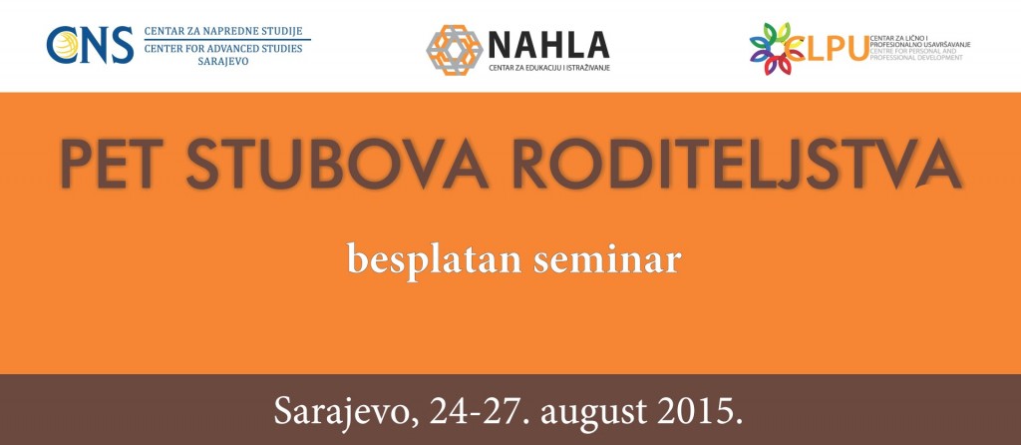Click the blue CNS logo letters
pos(90,45)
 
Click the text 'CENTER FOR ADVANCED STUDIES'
pos(223,48)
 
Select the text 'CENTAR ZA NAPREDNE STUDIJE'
pos(223,31)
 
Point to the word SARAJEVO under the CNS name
pos(223,62)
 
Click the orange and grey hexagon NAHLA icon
pos(454,50)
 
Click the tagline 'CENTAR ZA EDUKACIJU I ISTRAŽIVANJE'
pos(549,68)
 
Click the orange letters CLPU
pos(827,48)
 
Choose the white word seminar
pos(607,259)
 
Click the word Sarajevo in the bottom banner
pos(346,411)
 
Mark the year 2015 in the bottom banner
pos(695,410)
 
